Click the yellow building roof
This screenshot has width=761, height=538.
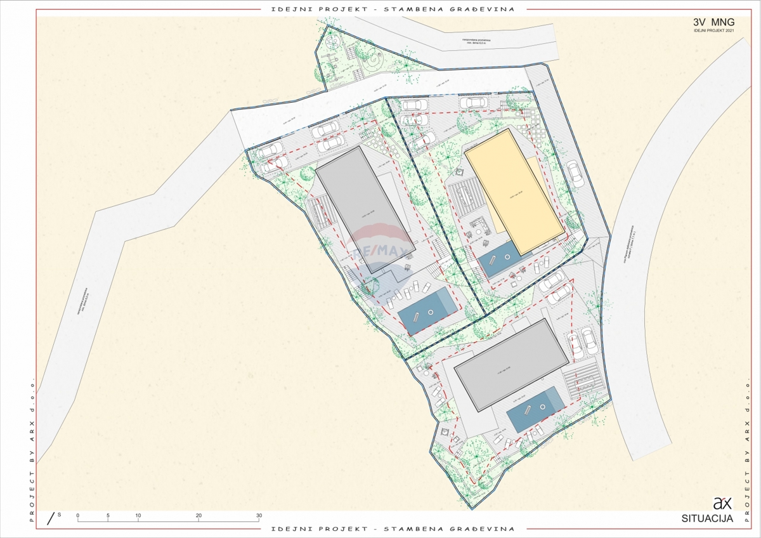(x=514, y=191)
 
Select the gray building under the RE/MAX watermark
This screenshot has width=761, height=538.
(x=366, y=209)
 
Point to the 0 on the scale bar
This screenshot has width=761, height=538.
(x=77, y=515)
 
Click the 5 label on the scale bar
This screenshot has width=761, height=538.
(x=108, y=515)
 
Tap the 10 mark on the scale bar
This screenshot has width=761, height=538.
(x=138, y=515)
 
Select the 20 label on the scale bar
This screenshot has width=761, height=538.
(x=198, y=515)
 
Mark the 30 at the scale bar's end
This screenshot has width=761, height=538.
(x=259, y=515)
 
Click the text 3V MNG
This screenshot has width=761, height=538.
(x=713, y=22)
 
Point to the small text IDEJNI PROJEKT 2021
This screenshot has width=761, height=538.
(x=713, y=31)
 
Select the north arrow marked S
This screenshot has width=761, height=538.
(x=52, y=517)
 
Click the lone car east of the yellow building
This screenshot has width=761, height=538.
(x=575, y=173)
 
